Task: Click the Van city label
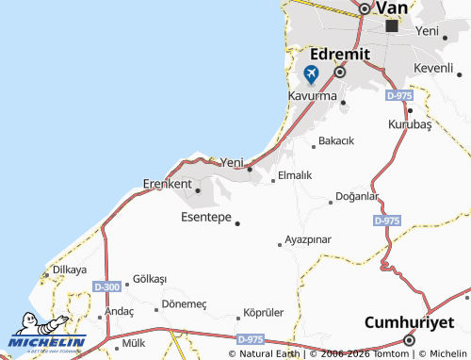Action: click(x=392, y=8)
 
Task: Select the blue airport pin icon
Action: click(x=311, y=74)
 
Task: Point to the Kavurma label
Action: click(x=313, y=96)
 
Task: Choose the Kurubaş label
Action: click(x=409, y=124)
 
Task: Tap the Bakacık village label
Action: click(x=336, y=140)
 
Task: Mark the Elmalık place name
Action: click(x=295, y=175)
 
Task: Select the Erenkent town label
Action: click(x=167, y=183)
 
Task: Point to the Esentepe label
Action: click(x=205, y=217)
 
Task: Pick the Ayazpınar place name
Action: click(x=308, y=239)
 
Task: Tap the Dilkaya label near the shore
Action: click(x=70, y=270)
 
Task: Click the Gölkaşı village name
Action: click(x=150, y=279)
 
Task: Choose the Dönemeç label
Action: click(x=184, y=303)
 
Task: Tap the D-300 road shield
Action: click(x=106, y=286)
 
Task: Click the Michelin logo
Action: click(x=47, y=335)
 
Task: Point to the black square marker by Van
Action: click(x=391, y=26)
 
